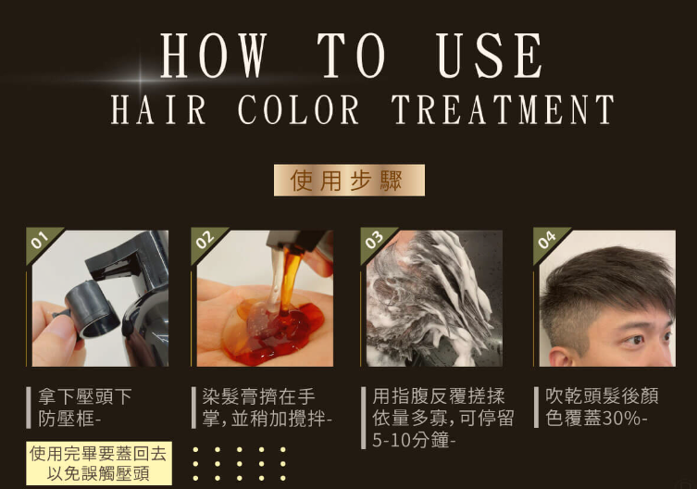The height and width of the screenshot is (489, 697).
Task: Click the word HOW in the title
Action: coord(214,56)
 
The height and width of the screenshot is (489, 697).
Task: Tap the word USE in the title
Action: coord(489,56)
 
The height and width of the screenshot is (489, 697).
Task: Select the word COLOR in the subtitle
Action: coord(298,109)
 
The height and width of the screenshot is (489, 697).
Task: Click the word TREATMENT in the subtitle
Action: coord(504,109)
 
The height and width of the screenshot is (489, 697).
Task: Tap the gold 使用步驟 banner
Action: coord(349,181)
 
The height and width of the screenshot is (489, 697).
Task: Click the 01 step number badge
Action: coord(40,240)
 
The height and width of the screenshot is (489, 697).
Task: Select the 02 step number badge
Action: coord(205,240)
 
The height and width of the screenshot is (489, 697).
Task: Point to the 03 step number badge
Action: coord(374,240)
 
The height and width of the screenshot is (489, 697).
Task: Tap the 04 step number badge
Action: coord(546,240)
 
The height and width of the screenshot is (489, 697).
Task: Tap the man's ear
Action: coord(559,357)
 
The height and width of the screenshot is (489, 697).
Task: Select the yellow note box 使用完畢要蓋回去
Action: coord(99,463)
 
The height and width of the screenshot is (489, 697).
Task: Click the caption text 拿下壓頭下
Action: coord(85,396)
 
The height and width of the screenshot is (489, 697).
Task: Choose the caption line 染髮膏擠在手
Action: coord(258,396)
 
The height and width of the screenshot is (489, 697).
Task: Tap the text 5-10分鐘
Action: coord(414,441)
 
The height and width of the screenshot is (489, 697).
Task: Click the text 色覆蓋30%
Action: coord(596,419)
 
